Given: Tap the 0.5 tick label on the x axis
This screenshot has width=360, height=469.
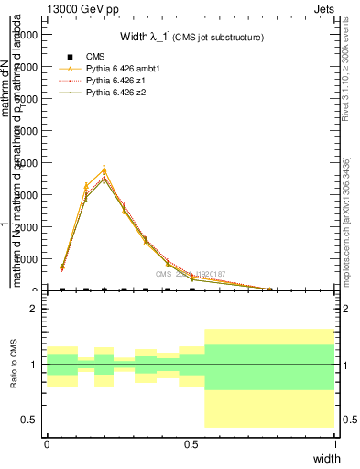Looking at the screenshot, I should [191, 444].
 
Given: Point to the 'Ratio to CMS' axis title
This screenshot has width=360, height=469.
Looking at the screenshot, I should [14, 365].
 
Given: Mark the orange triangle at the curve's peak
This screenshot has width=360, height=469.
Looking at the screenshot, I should [104, 169].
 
